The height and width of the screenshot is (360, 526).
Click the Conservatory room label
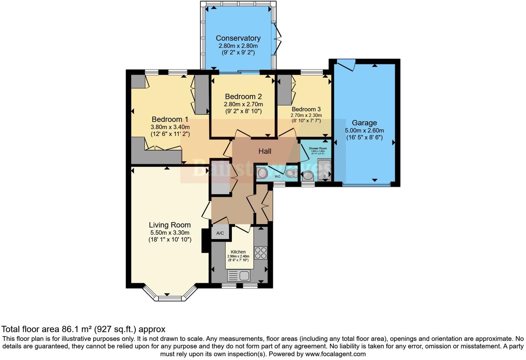pyautogui.click(x=238, y=38)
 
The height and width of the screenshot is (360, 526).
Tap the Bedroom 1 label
pyautogui.click(x=170, y=119)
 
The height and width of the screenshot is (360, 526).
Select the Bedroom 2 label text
pyautogui.click(x=243, y=96)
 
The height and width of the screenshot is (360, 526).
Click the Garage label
pyautogui.click(x=364, y=123)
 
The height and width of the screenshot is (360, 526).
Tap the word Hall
pyautogui.click(x=265, y=151)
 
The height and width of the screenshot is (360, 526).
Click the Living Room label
pyautogui.click(x=170, y=225)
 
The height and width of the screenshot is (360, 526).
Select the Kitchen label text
pyautogui.click(x=238, y=252)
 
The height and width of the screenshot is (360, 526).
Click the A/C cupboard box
pyautogui.click(x=220, y=233)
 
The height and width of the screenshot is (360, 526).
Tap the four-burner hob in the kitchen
pyautogui.click(x=261, y=253)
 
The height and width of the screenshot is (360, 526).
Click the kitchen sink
pyautogui.click(x=238, y=276)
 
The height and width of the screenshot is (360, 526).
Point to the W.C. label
pyautogui.click(x=278, y=177)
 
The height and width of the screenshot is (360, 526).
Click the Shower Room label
pyautogui.click(x=318, y=148)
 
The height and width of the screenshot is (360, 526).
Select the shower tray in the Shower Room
pyautogui.click(x=324, y=170)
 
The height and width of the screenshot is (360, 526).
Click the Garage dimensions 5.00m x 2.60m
pyautogui.click(x=364, y=131)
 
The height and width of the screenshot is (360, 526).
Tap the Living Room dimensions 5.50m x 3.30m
pyautogui.click(x=170, y=233)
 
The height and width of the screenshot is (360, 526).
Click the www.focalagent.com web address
pyautogui.click(x=335, y=354)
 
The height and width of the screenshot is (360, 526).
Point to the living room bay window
pyautogui.click(x=167, y=297)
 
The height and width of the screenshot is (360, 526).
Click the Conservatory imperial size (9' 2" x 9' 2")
pyautogui.click(x=238, y=53)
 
